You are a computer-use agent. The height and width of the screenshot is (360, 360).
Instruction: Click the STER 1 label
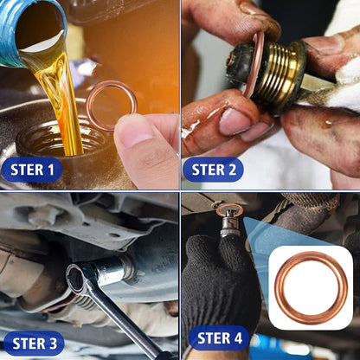(32, 169)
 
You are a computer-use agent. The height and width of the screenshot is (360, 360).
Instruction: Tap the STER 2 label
(213, 169)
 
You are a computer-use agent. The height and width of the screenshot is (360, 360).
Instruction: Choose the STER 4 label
(219, 337)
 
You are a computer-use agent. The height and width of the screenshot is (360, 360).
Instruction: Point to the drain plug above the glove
(228, 222)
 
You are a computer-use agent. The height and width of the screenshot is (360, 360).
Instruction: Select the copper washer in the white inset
(310, 287)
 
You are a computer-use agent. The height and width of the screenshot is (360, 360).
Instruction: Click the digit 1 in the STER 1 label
(52, 169)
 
